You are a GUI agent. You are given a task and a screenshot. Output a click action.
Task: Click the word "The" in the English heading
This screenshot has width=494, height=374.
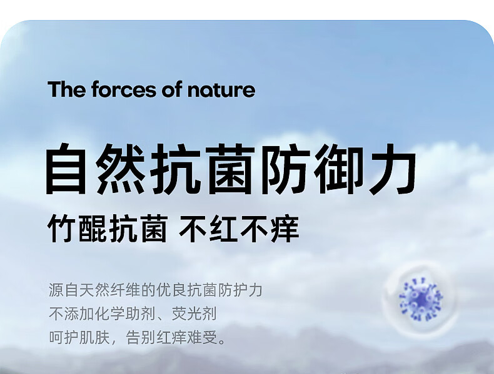pyautogui.click(x=67, y=89)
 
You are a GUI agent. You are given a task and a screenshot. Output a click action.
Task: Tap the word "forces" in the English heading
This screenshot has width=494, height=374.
pyautogui.click(x=124, y=89)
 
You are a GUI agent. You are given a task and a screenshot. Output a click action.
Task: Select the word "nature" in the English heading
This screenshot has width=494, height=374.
pyautogui.click(x=221, y=91)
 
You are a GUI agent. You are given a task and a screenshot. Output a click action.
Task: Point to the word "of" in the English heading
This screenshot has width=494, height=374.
pyautogui.click(x=172, y=89)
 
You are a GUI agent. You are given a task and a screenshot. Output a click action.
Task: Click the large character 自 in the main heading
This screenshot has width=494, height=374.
pyautogui.click(x=66, y=169)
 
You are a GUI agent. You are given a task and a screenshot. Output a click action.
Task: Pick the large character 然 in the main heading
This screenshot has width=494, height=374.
pyautogui.click(x=119, y=169)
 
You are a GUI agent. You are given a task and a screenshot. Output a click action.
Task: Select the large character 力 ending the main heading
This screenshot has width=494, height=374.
pyautogui.click(x=392, y=169)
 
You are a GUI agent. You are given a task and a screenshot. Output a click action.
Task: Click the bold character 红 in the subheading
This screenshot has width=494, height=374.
pyautogui.click(x=223, y=229)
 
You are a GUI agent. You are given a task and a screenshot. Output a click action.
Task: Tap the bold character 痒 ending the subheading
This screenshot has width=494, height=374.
pyautogui.click(x=285, y=229)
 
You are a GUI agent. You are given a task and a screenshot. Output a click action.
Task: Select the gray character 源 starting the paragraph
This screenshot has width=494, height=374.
pyautogui.click(x=56, y=290)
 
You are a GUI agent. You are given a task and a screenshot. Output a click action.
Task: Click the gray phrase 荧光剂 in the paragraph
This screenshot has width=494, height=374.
pyautogui.click(x=194, y=314)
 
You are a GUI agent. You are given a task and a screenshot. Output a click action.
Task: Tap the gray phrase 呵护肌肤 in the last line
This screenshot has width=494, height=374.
pyautogui.click(x=79, y=338)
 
